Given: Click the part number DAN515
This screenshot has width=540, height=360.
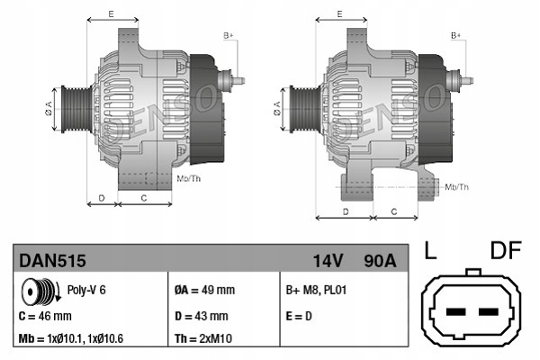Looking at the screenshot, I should click(53, 262).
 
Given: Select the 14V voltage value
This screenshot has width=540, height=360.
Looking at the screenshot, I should click(328, 262).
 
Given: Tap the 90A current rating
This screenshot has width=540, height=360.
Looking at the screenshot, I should click(379, 262).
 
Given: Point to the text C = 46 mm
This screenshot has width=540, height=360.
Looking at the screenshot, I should click(45, 317).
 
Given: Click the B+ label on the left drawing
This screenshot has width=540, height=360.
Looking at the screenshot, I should click(229, 35).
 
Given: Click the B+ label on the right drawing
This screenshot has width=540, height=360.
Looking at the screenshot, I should click(456, 35).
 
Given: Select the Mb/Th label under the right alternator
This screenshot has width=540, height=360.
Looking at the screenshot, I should click(457, 186).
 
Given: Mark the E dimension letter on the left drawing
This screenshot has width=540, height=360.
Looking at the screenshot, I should click(111, 15).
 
